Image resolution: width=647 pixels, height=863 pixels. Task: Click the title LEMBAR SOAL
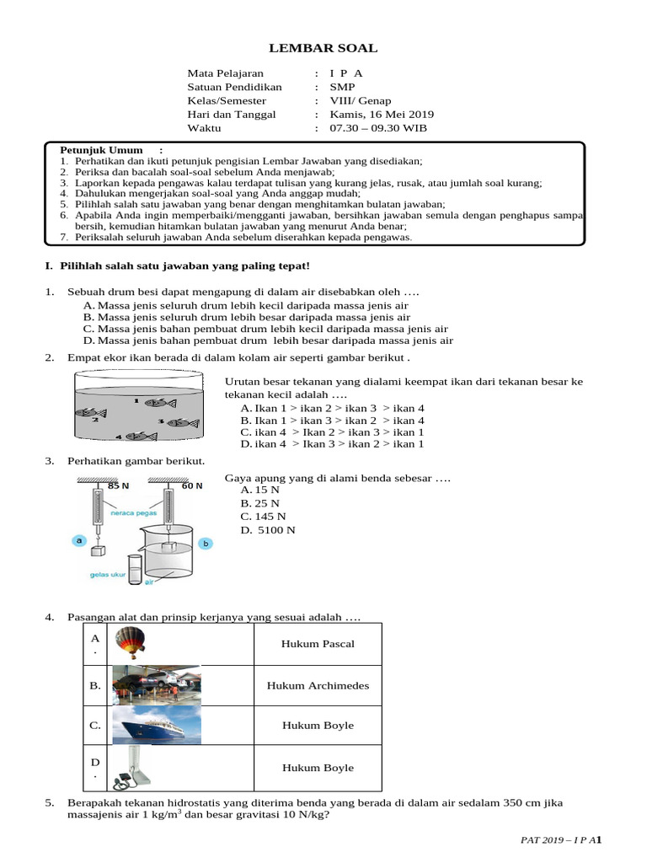coord(323,48)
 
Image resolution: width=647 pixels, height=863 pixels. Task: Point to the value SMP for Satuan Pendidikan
coord(342,87)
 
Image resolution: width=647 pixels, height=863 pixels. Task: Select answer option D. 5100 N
coord(267,530)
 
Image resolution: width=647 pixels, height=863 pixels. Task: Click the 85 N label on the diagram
coord(119,486)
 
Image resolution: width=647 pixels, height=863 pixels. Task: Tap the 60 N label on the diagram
coord(193,486)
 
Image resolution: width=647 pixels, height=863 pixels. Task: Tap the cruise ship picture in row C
coord(156,725)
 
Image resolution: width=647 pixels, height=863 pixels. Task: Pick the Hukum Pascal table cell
coord(318,644)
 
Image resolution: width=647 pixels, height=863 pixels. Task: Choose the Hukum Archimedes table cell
coord(318,685)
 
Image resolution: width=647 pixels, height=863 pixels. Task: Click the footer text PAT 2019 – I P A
coord(556,840)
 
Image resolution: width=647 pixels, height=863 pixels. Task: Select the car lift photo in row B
coord(156,685)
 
